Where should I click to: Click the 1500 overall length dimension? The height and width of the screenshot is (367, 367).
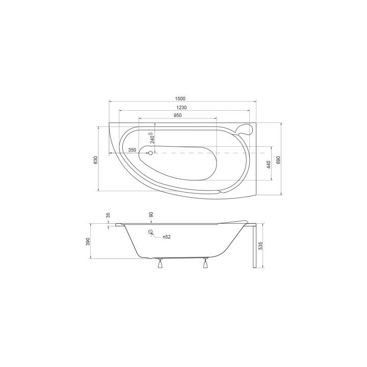180,98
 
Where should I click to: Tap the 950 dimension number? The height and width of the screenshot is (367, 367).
177,116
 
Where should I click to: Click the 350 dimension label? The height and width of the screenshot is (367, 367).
132,150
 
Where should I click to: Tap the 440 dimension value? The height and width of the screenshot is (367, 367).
269,165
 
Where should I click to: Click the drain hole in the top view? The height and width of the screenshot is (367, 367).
150,152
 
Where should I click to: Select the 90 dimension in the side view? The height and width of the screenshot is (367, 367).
151,216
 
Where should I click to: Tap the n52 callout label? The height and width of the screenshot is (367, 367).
166,238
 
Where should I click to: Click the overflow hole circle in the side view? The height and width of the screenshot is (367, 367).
151,233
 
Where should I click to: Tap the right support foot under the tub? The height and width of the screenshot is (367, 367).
206,263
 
